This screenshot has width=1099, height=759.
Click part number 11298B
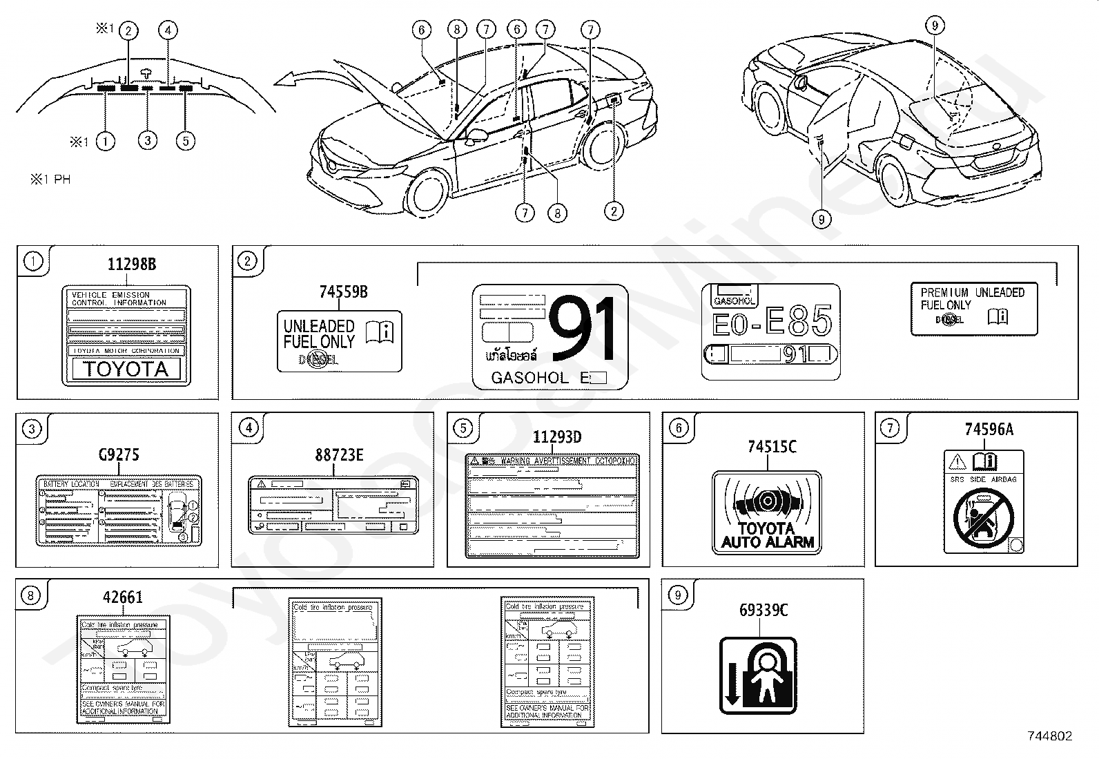131,264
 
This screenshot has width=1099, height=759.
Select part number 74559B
343,292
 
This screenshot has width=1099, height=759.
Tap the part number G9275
118,454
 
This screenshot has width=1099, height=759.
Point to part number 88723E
339,454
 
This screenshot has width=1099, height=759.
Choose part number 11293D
557,437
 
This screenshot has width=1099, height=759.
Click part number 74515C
772,447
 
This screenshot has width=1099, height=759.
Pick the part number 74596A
989,430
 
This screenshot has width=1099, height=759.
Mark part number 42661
123,597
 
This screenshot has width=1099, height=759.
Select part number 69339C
763,611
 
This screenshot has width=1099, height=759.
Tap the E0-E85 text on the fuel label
772,323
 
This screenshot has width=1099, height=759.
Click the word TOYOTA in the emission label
126,369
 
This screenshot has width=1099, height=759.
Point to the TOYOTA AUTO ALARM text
768,536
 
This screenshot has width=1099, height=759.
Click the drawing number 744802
1049,736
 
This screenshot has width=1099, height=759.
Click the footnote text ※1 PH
50,180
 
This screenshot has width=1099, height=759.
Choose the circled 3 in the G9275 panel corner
32,429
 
